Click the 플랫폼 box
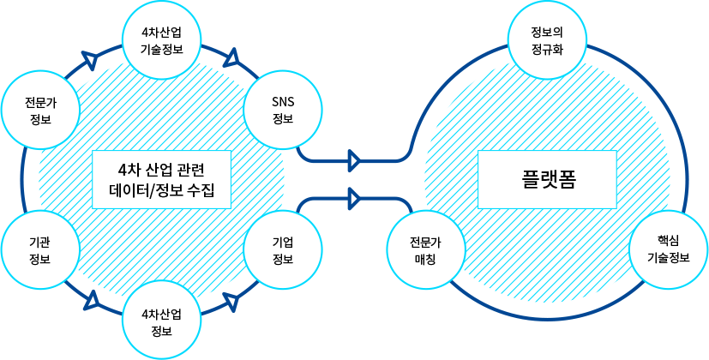546,178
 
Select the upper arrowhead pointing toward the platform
353,160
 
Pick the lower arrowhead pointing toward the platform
353,198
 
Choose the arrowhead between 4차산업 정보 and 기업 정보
230,302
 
